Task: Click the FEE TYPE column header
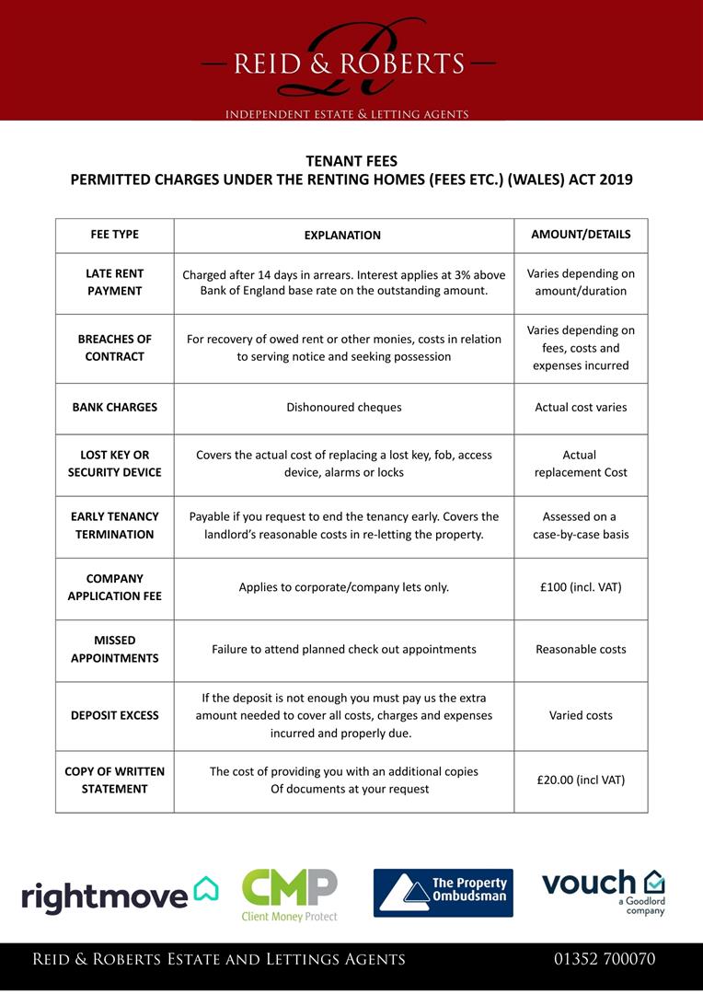point(115,235)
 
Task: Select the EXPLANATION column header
point(342,236)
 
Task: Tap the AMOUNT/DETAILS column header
point(581,235)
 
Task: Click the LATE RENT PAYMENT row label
point(115,283)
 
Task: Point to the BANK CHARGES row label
point(115,407)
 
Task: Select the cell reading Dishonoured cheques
point(343,407)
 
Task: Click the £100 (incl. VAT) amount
point(581,586)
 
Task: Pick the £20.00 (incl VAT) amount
point(581,780)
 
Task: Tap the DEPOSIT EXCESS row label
point(115,715)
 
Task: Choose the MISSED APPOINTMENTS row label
point(115,649)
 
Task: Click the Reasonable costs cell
point(581,649)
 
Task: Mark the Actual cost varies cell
point(581,407)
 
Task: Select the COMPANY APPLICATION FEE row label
point(115,587)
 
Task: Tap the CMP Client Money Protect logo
point(289,895)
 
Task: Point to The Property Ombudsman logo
point(443,893)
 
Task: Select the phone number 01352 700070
point(605,959)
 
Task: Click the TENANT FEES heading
point(351,160)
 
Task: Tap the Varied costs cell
point(581,715)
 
